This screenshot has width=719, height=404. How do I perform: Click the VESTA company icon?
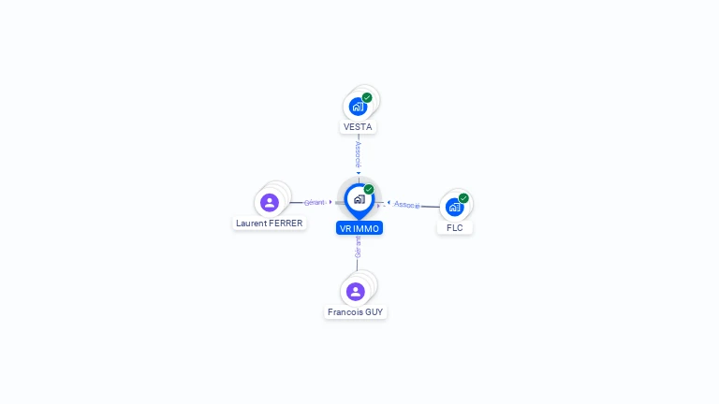pyautogui.click(x=359, y=106)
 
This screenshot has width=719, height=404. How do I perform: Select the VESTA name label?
pyautogui.click(x=359, y=126)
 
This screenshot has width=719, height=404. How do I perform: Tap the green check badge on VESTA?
pyautogui.click(x=367, y=97)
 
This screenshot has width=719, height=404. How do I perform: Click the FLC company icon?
pyautogui.click(x=455, y=207)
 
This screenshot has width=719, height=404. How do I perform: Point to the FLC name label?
pyautogui.click(x=455, y=227)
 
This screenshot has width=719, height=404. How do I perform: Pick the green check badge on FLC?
pyautogui.click(x=463, y=198)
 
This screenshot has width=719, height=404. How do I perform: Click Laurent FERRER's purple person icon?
pyautogui.click(x=270, y=202)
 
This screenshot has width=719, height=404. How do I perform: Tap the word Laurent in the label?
pyautogui.click(x=251, y=224)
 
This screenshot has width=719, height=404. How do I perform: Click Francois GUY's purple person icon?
pyautogui.click(x=356, y=291)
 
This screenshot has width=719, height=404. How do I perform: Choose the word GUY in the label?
pyautogui.click(x=374, y=312)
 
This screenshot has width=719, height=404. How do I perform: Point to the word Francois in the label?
pyautogui.click(x=345, y=312)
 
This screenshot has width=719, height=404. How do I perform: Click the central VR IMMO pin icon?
pyautogui.click(x=359, y=199)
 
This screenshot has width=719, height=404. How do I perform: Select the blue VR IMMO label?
pyautogui.click(x=359, y=227)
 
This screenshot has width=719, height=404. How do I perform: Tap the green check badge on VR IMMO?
pyautogui.click(x=369, y=190)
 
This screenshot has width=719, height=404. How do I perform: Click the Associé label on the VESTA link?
pyautogui.click(x=359, y=152)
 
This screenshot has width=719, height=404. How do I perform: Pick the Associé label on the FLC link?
pyautogui.click(x=407, y=204)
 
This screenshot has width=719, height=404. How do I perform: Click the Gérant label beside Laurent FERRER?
pyautogui.click(x=315, y=202)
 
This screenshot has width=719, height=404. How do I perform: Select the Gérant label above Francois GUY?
pyautogui.click(x=358, y=247)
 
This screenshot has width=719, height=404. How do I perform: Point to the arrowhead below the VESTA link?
pyautogui.click(x=359, y=173)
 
